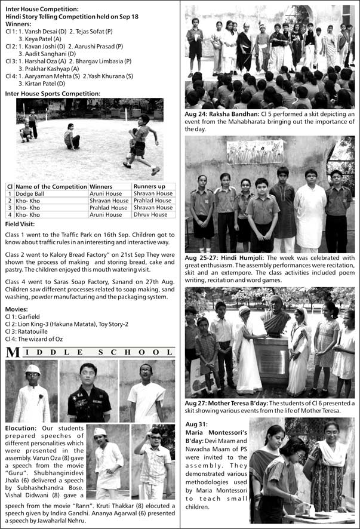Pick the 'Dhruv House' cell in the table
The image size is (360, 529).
click(150, 214)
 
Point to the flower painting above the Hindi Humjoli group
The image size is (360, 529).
click(256, 152)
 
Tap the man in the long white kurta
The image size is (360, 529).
click(310, 209)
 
